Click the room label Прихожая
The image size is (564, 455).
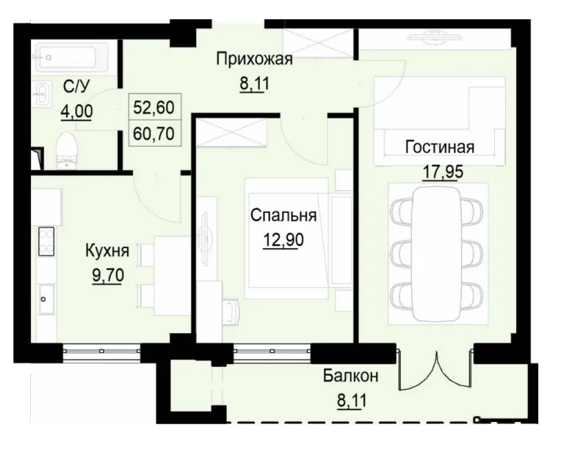click(254, 59)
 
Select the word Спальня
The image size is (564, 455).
click(283, 216)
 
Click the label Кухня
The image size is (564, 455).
click(106, 252)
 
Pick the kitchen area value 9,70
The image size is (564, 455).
click(106, 276)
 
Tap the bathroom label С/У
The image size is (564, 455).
click(77, 88)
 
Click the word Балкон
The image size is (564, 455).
click(351, 376)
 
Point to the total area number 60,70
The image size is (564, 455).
click(153, 134)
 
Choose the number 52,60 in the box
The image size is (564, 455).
click(153, 107)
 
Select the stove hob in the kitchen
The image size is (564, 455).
click(46, 240)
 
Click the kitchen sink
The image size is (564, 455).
click(46, 299)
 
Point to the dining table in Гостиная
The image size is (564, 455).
click(438, 246)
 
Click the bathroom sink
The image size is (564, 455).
click(41, 93)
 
